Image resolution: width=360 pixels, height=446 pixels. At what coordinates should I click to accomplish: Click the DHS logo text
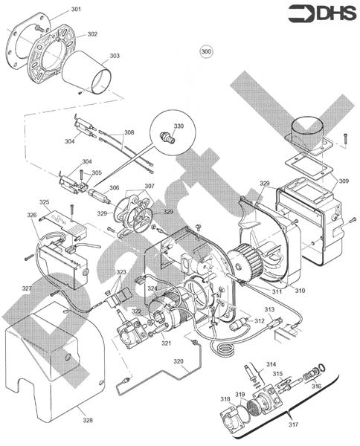pos(331,13)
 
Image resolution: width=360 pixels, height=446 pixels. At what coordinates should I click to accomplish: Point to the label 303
pos(115,56)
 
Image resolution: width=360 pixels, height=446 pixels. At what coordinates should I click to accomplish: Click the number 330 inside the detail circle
pos(179,126)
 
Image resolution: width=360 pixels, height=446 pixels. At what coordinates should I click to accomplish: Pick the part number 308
pos(129,132)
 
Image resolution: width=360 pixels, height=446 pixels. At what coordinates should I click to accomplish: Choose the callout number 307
pos(150,185)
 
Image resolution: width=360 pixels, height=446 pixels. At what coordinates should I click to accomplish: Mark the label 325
pos(45,201)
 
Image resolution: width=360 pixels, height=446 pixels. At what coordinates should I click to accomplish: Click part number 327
pos(26,288)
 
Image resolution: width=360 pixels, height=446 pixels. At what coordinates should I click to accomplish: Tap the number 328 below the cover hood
pos(88,421)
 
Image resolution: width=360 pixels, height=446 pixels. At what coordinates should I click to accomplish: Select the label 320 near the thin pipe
pos(179,361)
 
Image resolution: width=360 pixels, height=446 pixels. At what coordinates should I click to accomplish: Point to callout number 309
pos(343,181)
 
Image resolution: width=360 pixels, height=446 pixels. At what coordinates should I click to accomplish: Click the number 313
pos(269,308)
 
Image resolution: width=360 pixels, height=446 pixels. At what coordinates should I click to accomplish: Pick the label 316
pos(316,386)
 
